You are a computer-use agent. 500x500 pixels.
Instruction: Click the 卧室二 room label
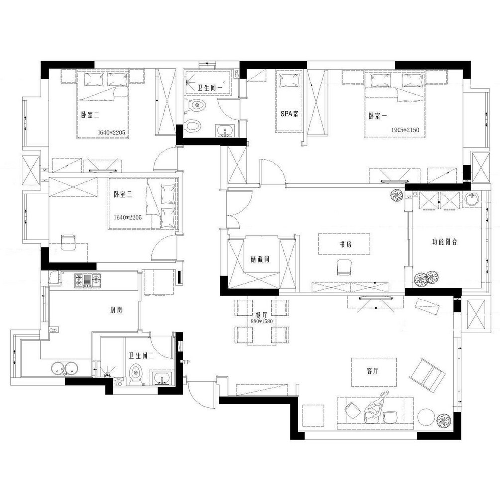(x=90, y=115)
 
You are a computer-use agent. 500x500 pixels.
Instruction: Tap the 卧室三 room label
(x=123, y=194)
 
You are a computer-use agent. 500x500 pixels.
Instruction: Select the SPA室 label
(x=289, y=114)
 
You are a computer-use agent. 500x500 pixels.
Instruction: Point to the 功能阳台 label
(x=444, y=242)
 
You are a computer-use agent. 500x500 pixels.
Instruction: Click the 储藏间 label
(x=260, y=259)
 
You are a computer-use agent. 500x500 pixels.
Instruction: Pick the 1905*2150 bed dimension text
(x=405, y=130)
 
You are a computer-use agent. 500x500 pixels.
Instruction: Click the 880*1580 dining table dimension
(x=262, y=321)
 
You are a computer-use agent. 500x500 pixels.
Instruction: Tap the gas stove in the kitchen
(x=88, y=280)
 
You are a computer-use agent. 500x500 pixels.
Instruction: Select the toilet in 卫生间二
(x=136, y=375)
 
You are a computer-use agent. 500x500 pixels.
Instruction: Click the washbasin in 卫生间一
(x=226, y=131)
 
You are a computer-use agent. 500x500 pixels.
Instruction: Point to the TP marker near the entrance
(x=187, y=362)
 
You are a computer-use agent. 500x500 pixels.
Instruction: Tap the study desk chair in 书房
(x=344, y=267)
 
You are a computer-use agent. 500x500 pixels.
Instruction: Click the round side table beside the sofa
(x=426, y=417)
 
